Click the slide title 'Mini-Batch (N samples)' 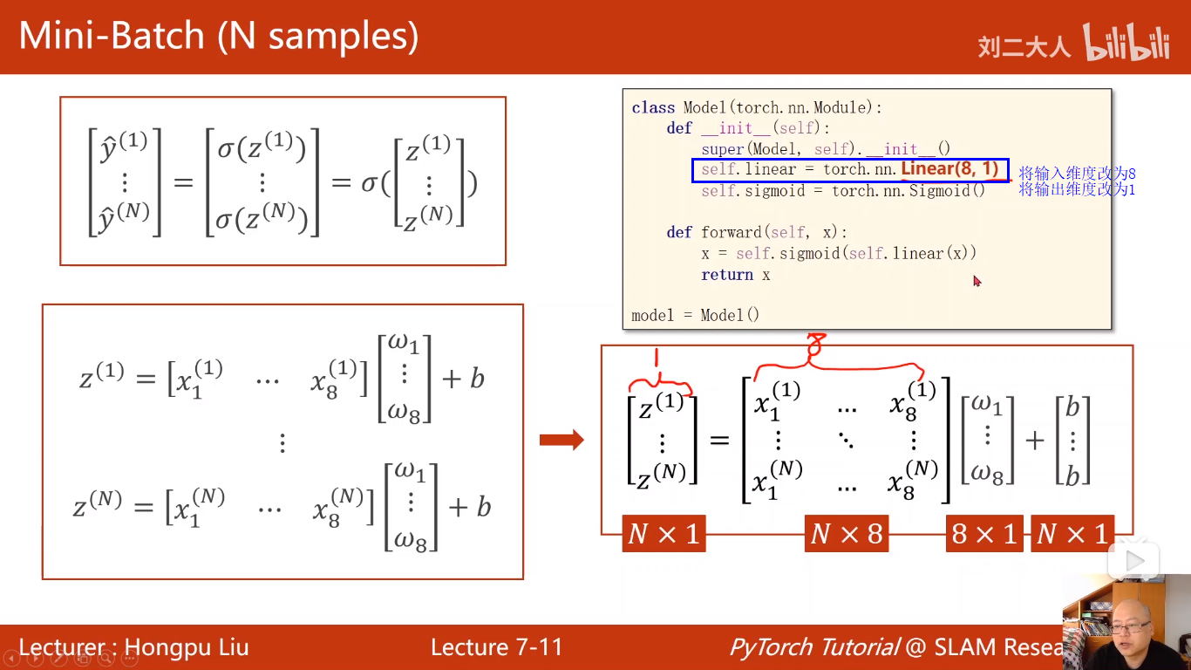point(218,37)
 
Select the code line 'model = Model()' point(695,315)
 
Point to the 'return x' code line point(735,275)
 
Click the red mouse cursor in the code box point(977,281)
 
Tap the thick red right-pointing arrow point(561,440)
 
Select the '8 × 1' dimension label point(984,533)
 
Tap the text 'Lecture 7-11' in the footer point(496,647)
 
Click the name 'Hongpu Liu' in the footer point(187,647)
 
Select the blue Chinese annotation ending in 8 point(1077,174)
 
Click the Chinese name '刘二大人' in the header point(1024,46)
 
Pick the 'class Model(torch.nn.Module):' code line point(757,107)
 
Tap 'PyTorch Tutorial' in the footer point(813,647)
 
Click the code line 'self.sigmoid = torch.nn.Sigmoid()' point(842,190)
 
